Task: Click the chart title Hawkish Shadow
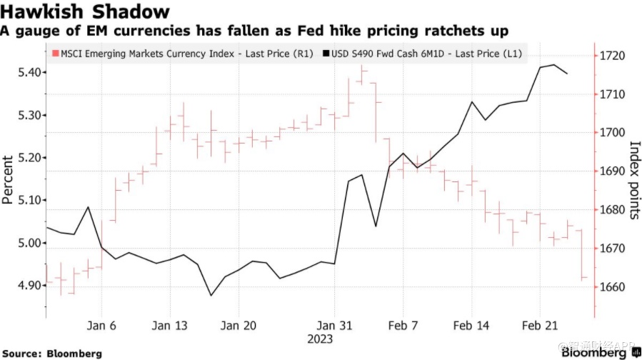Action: [86, 12]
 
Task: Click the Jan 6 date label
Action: [101, 325]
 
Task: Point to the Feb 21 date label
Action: [541, 325]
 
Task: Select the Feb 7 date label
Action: [402, 325]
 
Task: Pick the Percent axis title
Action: [8, 180]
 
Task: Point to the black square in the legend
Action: [326, 54]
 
